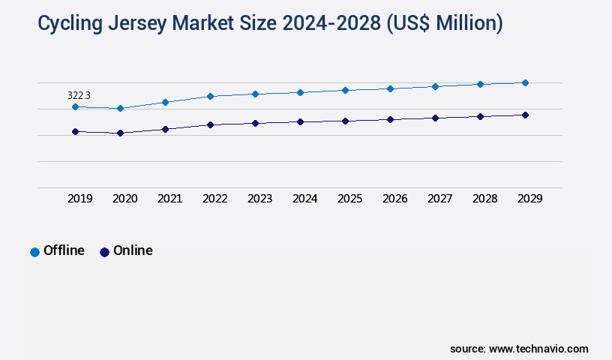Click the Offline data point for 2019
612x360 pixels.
75,106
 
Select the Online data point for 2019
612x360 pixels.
75,131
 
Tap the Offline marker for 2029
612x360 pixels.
525,82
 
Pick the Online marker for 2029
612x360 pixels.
525,115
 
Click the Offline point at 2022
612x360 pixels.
210,96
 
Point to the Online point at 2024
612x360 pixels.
300,121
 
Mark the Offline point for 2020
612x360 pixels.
120,109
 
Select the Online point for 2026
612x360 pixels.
390,119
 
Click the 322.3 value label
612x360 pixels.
79,95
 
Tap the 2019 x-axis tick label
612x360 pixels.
79,199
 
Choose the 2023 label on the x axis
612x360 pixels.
259,199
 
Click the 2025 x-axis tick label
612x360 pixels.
349,199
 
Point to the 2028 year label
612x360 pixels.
484,199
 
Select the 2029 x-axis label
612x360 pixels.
529,199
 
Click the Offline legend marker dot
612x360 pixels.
34,252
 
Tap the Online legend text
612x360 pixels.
133,250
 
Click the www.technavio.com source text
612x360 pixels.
538,349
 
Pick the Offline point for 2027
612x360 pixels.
435,86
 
